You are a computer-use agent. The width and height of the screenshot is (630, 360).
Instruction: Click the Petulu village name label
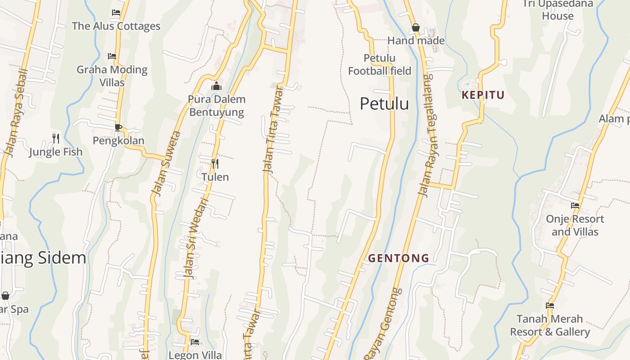point(384,104)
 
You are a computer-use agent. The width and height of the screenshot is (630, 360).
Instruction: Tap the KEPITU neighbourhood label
point(483,95)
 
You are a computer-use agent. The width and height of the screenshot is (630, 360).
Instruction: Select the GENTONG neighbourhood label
point(398,258)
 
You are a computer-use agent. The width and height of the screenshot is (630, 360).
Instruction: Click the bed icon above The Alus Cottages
point(116,13)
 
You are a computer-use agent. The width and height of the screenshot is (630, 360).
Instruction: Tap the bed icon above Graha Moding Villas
point(112,56)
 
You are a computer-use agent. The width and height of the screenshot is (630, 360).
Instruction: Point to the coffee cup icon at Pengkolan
point(118,127)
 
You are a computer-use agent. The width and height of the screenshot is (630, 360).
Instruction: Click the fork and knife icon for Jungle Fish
point(56,138)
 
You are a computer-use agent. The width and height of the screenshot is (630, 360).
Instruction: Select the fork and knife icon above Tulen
point(215,164)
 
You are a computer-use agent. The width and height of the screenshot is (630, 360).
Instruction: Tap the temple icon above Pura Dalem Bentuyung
point(216,86)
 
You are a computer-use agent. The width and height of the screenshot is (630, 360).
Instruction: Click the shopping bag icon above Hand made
point(416,28)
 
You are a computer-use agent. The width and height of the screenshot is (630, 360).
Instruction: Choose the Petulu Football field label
point(379,64)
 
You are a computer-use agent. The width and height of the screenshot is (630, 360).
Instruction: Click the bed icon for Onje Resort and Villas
point(575,206)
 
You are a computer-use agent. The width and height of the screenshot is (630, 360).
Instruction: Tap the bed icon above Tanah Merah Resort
point(549,306)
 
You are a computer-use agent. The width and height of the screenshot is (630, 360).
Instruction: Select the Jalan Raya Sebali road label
point(15,112)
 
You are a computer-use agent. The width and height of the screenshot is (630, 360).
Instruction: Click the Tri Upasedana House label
point(558,10)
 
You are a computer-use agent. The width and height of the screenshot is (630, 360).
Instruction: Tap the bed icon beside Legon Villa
point(194,342)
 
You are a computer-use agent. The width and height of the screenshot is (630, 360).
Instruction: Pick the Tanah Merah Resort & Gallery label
point(549,325)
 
